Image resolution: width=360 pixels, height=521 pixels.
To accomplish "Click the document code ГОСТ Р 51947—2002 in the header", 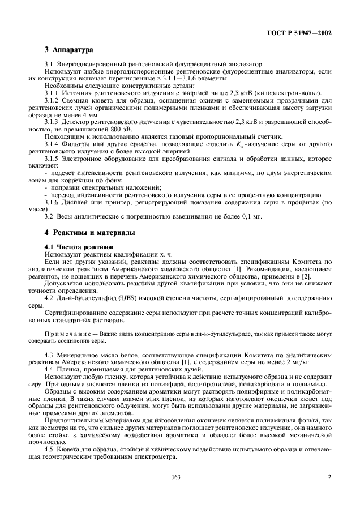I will (301, 32).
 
